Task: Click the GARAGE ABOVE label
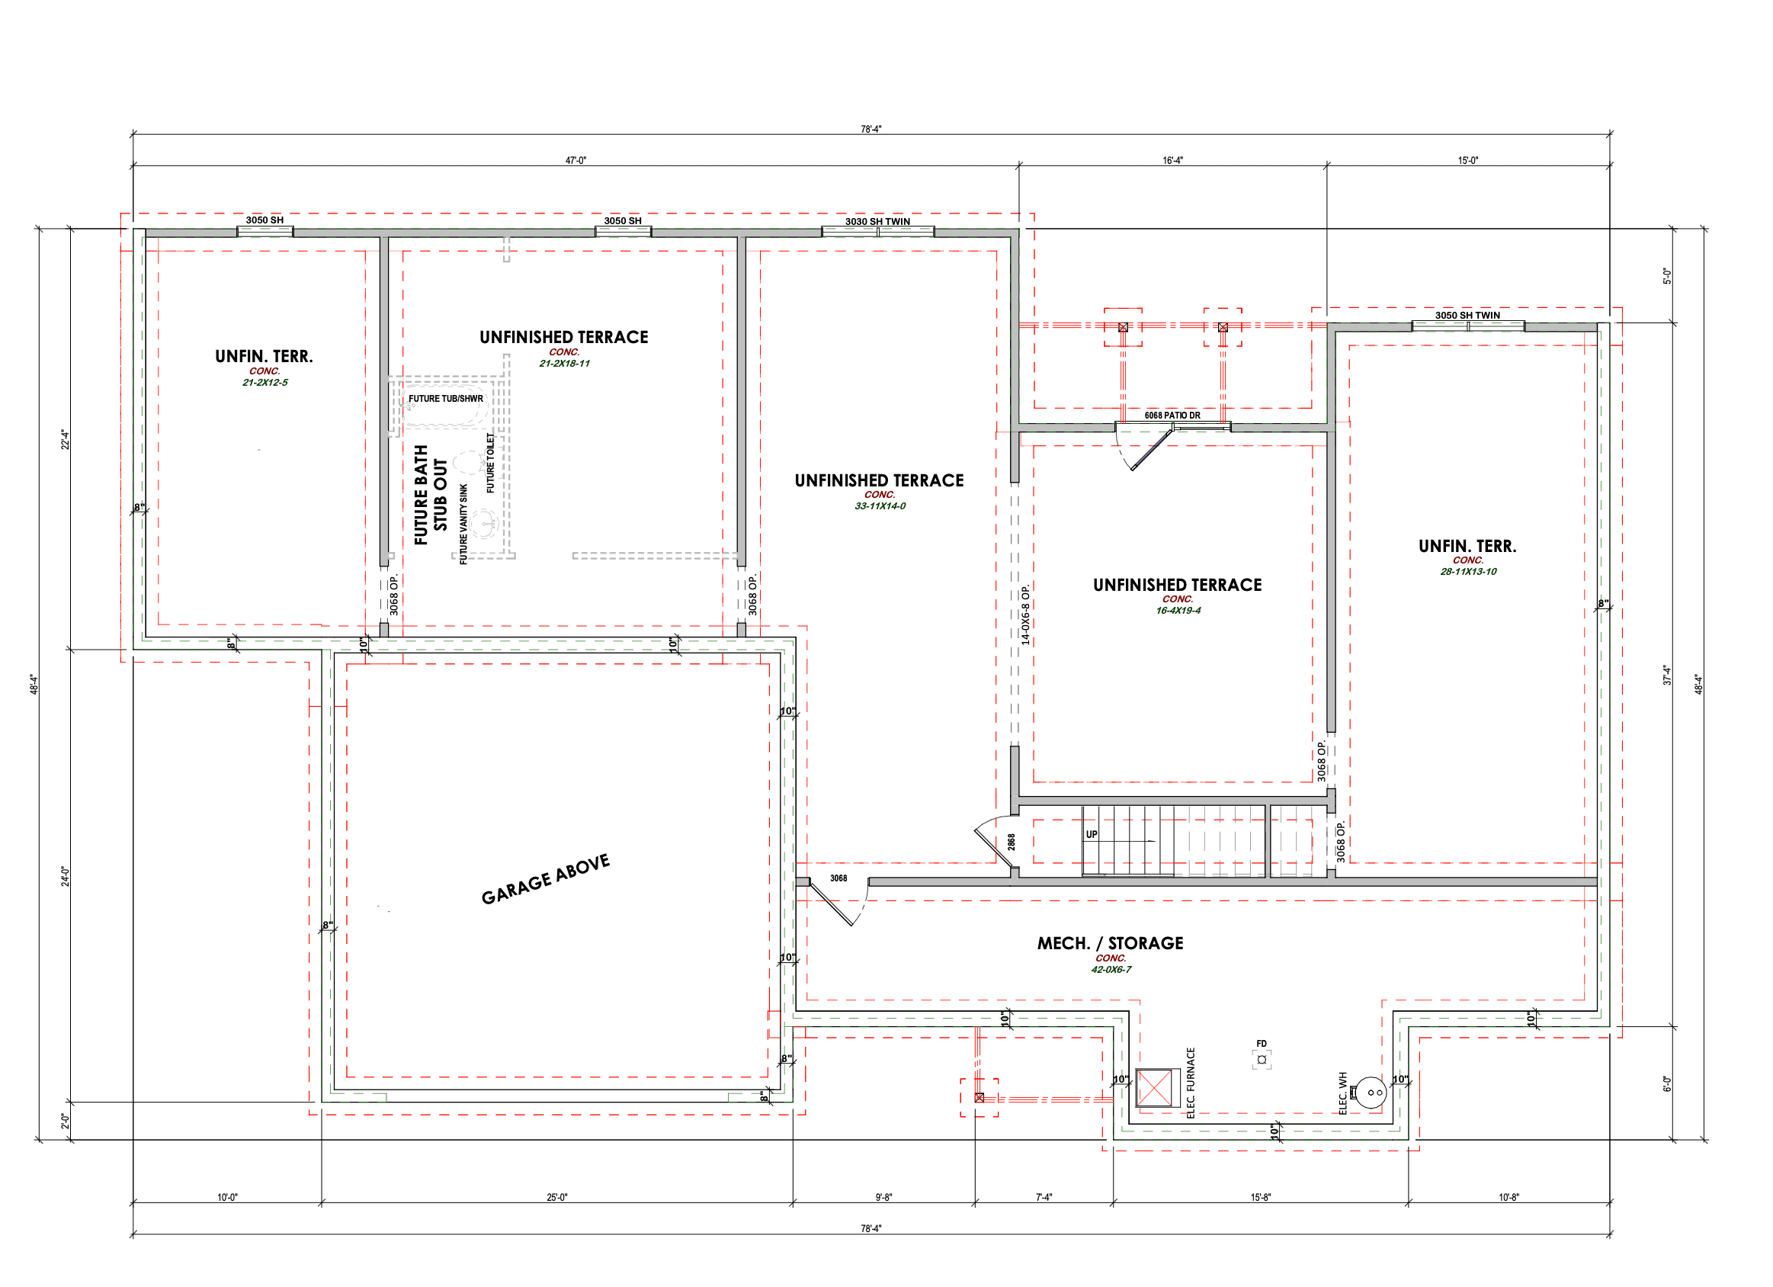click(x=545, y=879)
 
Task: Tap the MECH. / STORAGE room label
click(x=1110, y=943)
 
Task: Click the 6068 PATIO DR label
click(x=1172, y=416)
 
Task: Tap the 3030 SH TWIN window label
click(x=877, y=221)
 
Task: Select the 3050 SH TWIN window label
click(x=1467, y=315)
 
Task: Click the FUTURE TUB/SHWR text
click(x=446, y=398)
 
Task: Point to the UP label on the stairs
click(x=1092, y=834)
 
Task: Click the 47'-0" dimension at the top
click(x=576, y=160)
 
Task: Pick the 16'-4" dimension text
click(x=1172, y=160)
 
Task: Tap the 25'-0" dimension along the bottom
click(x=556, y=1197)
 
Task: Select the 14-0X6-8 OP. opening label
click(x=1025, y=615)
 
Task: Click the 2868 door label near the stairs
click(x=1012, y=842)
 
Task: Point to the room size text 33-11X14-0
click(x=880, y=506)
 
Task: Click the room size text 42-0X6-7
click(x=1111, y=970)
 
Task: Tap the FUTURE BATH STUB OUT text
click(x=431, y=495)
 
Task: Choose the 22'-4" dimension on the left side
click(x=66, y=439)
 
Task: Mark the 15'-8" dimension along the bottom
click(x=1260, y=1197)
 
